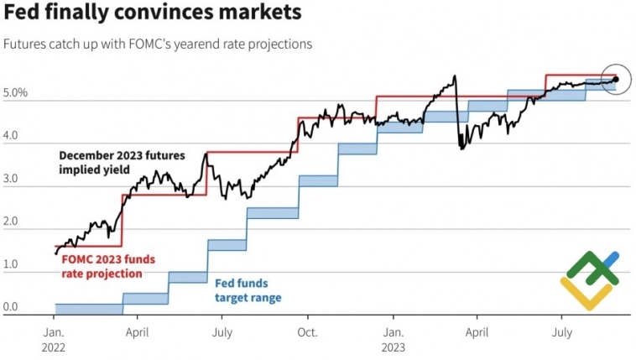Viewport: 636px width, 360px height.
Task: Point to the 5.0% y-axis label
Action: click(x=16, y=92)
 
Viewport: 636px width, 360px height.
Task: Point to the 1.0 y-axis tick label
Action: click(x=11, y=264)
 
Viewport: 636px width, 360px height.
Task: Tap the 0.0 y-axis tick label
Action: click(x=11, y=307)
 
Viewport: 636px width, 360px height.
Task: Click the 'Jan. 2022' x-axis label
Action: click(x=55, y=338)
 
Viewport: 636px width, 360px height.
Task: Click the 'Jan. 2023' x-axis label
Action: click(x=395, y=338)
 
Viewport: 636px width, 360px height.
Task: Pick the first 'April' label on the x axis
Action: click(x=138, y=332)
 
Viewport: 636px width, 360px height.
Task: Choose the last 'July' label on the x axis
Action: click(x=561, y=332)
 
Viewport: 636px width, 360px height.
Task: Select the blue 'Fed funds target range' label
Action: click(x=248, y=290)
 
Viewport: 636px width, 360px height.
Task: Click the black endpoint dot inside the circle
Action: click(x=616, y=79)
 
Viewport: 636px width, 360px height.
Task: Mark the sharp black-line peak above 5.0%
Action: click(x=454, y=76)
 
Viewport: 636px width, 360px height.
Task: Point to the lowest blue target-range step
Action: click(x=88, y=309)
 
